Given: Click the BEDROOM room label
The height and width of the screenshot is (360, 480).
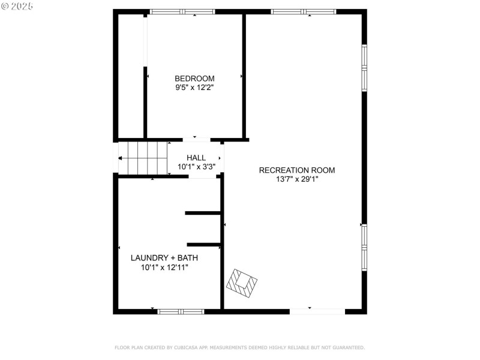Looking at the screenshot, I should [x=194, y=79].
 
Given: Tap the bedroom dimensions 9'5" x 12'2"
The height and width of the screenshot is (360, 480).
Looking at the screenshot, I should [x=194, y=88].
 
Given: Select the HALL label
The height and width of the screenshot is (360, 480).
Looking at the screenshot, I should [x=196, y=158].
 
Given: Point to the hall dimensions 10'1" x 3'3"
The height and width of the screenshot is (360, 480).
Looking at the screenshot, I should [x=196, y=167].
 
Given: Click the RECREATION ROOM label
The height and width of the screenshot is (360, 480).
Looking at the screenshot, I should [x=297, y=170].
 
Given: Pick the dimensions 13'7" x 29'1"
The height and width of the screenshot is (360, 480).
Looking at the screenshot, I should [x=297, y=179].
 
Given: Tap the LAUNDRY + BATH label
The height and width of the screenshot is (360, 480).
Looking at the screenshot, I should [x=164, y=258].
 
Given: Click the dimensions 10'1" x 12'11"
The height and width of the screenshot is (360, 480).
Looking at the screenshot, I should [x=164, y=268].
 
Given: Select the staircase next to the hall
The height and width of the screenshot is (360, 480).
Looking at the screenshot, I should [x=143, y=158].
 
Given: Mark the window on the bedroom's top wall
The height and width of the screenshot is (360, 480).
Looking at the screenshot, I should [x=182, y=11].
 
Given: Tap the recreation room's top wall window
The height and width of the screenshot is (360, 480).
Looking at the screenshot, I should [x=303, y=11].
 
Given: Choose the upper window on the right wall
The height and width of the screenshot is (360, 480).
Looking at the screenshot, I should [x=364, y=68].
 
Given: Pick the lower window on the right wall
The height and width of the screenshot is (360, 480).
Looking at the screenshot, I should [x=364, y=247].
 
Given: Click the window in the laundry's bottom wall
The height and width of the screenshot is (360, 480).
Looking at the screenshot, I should [x=181, y=311].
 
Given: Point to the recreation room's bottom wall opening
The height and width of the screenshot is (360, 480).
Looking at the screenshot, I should [x=317, y=311].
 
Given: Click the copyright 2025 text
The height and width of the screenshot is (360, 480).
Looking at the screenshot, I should [x=17, y=5].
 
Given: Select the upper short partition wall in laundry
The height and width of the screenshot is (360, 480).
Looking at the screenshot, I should [x=203, y=213].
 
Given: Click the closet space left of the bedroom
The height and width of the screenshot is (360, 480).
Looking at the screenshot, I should [x=131, y=75].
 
